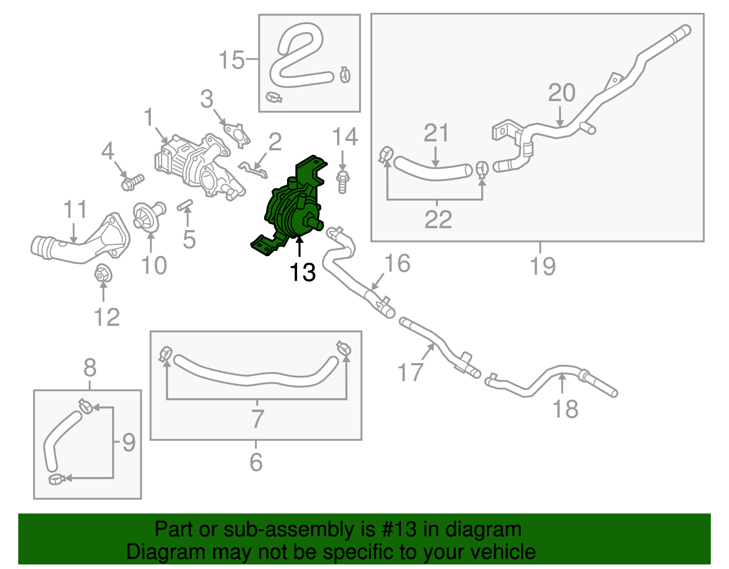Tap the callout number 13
coord(303,272)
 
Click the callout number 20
coord(561,93)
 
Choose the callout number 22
coord(438,220)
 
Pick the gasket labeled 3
coord(237,133)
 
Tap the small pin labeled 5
coord(185,205)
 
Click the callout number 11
coord(75,210)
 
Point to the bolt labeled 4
coord(132,182)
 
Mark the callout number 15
coord(232,60)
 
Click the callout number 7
coord(257,419)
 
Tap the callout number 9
coord(129,442)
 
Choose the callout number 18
coord(565,409)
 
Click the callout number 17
coord(410,372)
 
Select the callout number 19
coord(542,266)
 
